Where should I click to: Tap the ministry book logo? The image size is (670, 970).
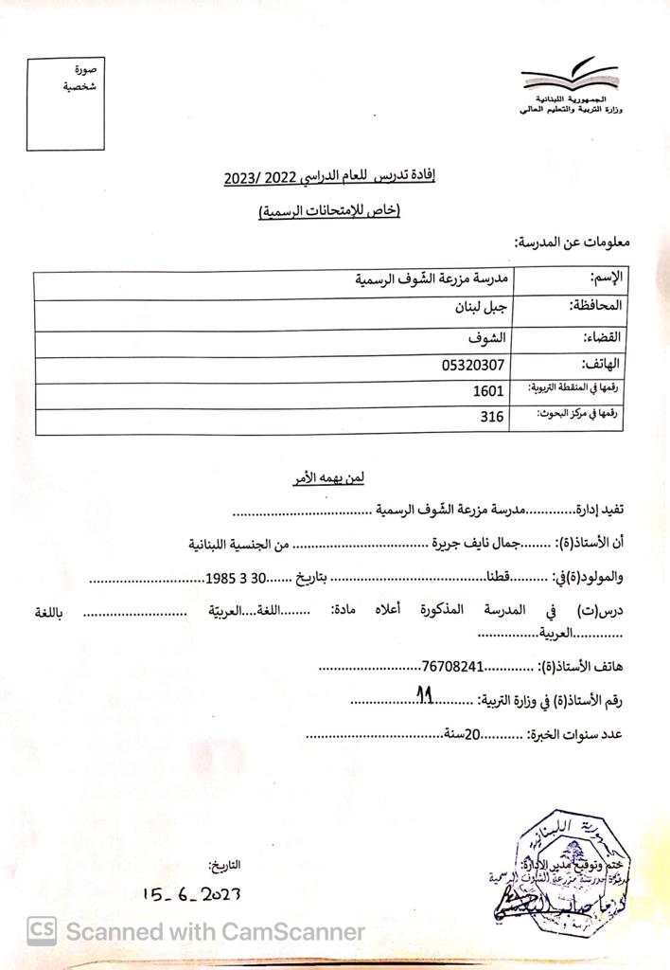point(570,77)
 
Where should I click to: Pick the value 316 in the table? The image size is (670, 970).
point(492,417)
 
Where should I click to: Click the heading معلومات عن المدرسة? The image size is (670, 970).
point(571,242)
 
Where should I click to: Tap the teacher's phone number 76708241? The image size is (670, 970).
point(453,667)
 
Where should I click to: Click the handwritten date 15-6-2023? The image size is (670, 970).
point(192,893)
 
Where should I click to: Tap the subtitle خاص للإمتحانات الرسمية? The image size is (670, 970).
point(330,210)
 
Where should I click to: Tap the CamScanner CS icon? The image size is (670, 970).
point(40,931)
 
